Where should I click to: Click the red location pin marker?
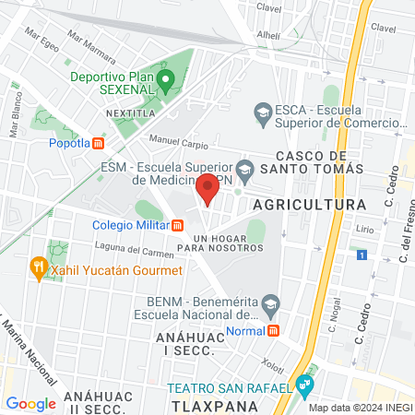pyautogui.click(x=207, y=188)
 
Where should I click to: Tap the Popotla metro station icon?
pyautogui.click(x=99, y=143)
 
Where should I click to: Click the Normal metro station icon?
pyautogui.click(x=273, y=331)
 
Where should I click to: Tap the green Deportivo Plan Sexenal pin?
pyautogui.click(x=166, y=81)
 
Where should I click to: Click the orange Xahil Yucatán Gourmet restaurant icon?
pyautogui.click(x=39, y=268)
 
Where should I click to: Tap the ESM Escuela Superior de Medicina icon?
pyautogui.click(x=244, y=170)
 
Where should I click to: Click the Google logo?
pyautogui.click(x=30, y=403)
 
